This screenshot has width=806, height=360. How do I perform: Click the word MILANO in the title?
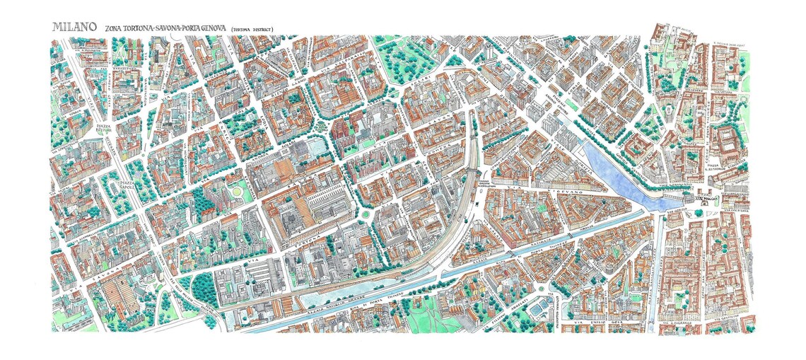(x=74, y=26)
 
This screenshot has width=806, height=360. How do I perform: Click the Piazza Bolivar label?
(x=105, y=129)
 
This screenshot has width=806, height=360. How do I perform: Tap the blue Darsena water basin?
(x=615, y=173)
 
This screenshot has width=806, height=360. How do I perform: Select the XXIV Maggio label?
(x=708, y=201)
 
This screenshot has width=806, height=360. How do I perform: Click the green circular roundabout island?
(x=366, y=216)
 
